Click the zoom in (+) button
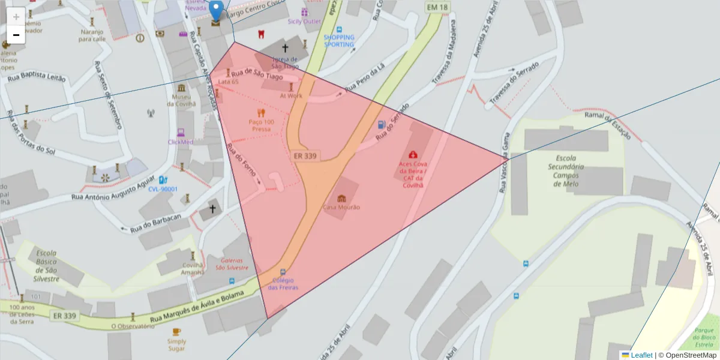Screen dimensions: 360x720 (16, 16)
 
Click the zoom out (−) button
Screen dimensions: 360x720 (16, 35)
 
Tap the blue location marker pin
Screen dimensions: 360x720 (216, 11)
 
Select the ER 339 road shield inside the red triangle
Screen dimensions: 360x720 (305, 156)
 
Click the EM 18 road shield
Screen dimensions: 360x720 (437, 7)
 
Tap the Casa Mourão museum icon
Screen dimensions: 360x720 (342, 199)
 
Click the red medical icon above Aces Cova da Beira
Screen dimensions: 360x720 (413, 155)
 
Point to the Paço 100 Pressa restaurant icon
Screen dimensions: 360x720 (261, 112)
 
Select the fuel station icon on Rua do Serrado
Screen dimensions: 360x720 (381, 125)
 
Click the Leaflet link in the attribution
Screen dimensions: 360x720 (641, 355)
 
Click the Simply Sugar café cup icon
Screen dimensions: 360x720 (176, 332)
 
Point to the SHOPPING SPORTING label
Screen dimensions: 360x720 (339, 41)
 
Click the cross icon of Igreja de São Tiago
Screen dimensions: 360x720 (284, 47)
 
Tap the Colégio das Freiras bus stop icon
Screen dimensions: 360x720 (283, 271)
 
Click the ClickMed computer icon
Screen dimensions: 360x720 (181, 133)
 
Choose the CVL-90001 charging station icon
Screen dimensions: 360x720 (162, 179)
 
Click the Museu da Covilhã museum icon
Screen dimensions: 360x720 (181, 88)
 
